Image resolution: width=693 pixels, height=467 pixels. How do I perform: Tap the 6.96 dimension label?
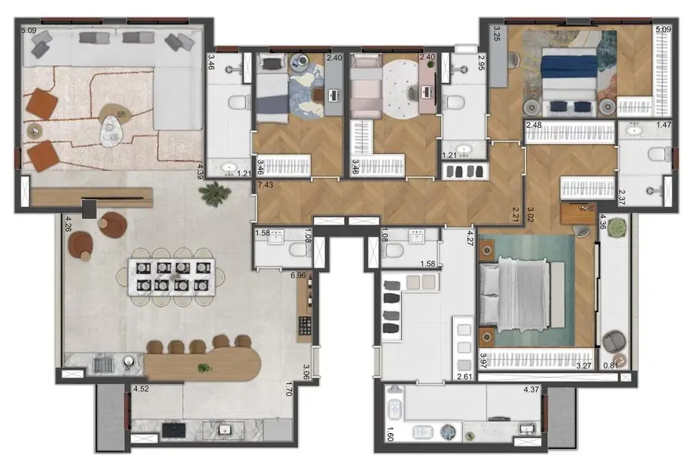pos(297,275)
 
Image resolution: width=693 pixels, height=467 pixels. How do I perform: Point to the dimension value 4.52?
pos(141,389)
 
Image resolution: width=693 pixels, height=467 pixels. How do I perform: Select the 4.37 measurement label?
pos(531,389)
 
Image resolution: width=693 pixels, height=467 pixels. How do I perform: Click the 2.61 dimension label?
pos(464,377)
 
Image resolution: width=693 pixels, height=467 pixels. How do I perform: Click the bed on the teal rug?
pos(514,290)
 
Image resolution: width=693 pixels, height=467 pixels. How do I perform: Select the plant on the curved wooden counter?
pos(203,368)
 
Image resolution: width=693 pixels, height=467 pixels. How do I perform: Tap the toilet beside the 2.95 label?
pos(455,102)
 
